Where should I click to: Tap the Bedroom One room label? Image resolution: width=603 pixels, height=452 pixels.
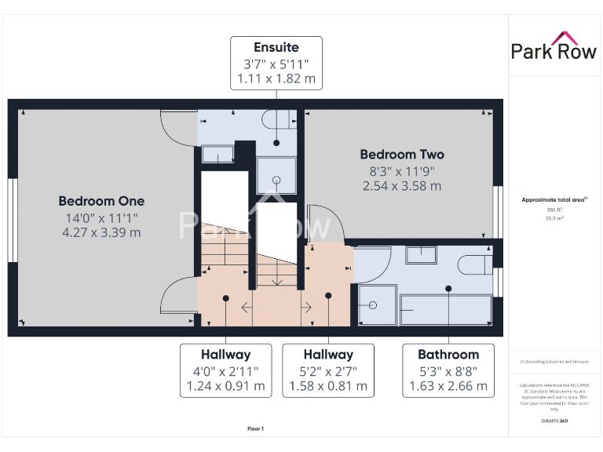coord(101,201)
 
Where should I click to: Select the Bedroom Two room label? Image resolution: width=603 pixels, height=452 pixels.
coord(402,155)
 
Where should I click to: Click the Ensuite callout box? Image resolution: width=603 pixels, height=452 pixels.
coord(276,63)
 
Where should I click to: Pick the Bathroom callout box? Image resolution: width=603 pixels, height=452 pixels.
coord(448,370)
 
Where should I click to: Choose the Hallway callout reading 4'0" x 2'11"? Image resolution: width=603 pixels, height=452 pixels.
coord(226,370)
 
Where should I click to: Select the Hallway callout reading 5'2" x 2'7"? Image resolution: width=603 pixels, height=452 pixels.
coord(328,370)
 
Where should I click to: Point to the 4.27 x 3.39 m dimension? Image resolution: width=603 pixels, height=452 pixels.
coord(101,232)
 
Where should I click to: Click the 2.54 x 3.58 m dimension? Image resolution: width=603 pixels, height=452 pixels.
coord(402,186)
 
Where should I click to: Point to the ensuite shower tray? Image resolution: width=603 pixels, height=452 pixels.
coord(277,178)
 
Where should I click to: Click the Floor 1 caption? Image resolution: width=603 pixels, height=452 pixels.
coord(256,428)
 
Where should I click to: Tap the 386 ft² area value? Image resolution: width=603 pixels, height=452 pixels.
coord(555,210)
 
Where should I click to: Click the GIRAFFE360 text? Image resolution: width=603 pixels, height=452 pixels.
coord(555,421)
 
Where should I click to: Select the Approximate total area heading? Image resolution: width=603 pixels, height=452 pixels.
coord(555,200)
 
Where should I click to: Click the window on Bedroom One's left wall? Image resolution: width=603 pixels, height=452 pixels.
coord(12,221)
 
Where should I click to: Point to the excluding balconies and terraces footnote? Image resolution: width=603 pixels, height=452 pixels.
coord(555,362)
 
